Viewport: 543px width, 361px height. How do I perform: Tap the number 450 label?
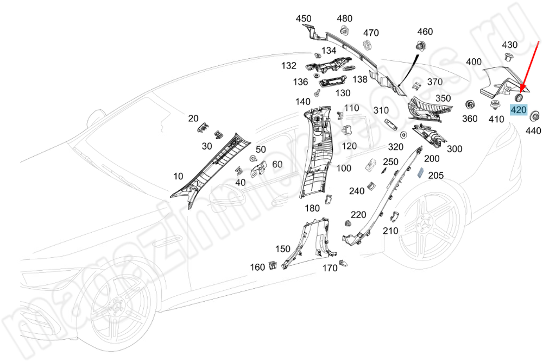[304, 18]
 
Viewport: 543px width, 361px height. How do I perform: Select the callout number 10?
[178, 176]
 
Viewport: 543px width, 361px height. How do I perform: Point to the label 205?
[436, 175]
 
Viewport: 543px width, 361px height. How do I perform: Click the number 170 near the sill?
[330, 268]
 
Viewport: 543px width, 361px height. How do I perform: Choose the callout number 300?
[454, 149]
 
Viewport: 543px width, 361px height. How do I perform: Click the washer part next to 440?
[534, 115]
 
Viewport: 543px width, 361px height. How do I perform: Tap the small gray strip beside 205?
[420, 173]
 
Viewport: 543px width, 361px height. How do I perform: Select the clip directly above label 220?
[348, 224]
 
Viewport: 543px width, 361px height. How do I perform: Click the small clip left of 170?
[344, 264]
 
